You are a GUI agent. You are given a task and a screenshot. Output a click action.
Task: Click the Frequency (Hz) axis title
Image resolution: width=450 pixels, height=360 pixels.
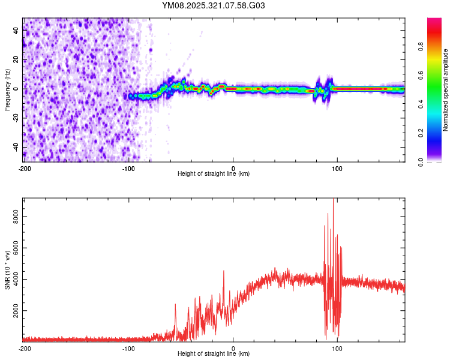pos(7,90)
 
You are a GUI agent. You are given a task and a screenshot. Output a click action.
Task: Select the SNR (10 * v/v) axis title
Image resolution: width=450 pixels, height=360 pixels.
pos(7,270)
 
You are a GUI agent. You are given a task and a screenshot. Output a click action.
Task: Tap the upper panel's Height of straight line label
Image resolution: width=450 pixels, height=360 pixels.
pos(214,174)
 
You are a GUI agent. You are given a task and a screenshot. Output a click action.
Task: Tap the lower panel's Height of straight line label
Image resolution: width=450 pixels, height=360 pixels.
pos(214,354)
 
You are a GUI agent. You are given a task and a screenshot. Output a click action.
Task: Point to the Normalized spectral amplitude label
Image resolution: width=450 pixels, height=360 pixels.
pos(445,90)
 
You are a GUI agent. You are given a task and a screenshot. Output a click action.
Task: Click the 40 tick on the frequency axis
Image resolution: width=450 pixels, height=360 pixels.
pos(16,31)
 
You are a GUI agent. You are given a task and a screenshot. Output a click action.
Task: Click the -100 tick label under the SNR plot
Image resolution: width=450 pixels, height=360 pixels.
pos(128,349)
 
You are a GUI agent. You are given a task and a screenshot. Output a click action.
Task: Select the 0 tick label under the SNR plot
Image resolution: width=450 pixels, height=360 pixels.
pos(233,349)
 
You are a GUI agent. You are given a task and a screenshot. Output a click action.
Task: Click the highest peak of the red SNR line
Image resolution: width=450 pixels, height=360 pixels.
pos(333,199)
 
